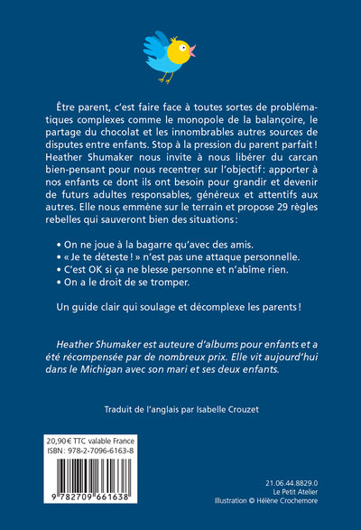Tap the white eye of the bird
(x=182, y=46)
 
